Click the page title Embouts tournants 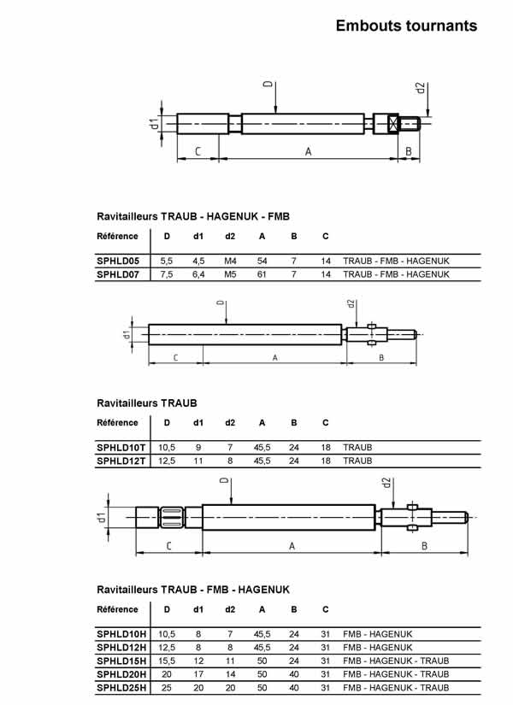click(x=406, y=26)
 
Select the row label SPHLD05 click(x=118, y=261)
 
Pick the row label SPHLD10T click(x=121, y=448)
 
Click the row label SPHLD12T click(x=121, y=461)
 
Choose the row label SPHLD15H click(x=121, y=661)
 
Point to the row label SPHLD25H click(x=121, y=687)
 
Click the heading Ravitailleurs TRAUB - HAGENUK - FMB click(x=198, y=217)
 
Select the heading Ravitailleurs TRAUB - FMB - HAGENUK click(x=193, y=590)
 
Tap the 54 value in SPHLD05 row click(x=262, y=261)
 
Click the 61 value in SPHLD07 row click(x=262, y=274)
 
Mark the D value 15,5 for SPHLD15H click(x=167, y=661)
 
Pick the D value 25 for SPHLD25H click(x=167, y=687)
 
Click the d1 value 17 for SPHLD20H click(x=198, y=674)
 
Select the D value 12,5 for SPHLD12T click(x=167, y=461)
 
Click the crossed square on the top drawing click(x=392, y=124)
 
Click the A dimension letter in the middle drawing click(x=275, y=358)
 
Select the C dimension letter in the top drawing click(x=198, y=152)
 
